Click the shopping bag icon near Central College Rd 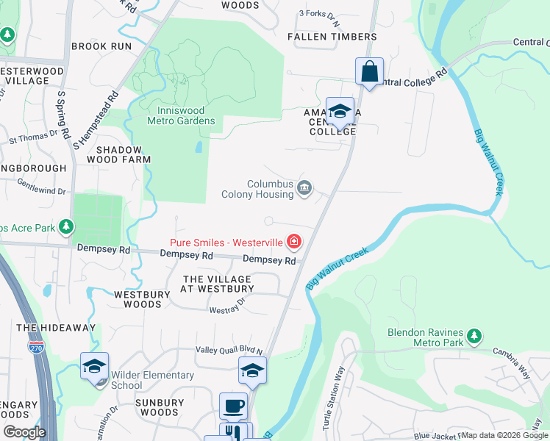(369, 72)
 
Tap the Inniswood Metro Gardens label (181, 116)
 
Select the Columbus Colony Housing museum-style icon (304, 190)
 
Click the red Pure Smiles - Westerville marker (294, 241)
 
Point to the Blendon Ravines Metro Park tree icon (474, 337)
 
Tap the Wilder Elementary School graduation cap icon (95, 365)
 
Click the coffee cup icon (233, 406)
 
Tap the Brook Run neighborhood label (101, 46)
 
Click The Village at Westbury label (217, 284)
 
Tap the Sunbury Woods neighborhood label (160, 408)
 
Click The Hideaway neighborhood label (56, 328)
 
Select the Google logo (25, 432)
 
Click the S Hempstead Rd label (94, 120)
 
